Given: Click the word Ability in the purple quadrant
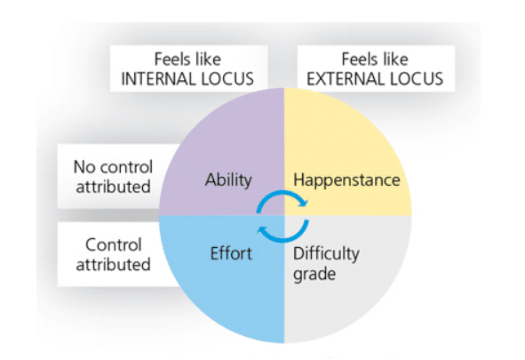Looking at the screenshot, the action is (x=228, y=180).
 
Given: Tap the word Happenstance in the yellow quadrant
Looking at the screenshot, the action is (x=346, y=180).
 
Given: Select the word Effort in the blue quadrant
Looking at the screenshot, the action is (x=231, y=253).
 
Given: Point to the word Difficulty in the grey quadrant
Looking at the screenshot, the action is (x=326, y=254).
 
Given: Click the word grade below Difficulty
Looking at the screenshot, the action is (x=314, y=275).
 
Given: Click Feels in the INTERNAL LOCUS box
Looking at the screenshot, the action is (x=171, y=60).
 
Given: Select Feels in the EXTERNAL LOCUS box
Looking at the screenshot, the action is (x=359, y=60).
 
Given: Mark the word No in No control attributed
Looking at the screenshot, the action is (x=85, y=167).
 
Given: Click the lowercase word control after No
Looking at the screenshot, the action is (x=126, y=167).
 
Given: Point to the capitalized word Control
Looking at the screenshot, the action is (x=114, y=244).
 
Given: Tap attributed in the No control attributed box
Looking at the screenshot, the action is (x=113, y=187).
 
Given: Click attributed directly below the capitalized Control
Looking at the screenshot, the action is (x=113, y=265).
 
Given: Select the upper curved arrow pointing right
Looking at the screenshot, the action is (x=282, y=198).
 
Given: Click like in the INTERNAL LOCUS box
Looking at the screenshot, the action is (x=207, y=60).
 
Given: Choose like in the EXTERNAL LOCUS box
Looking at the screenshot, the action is (x=394, y=60).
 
